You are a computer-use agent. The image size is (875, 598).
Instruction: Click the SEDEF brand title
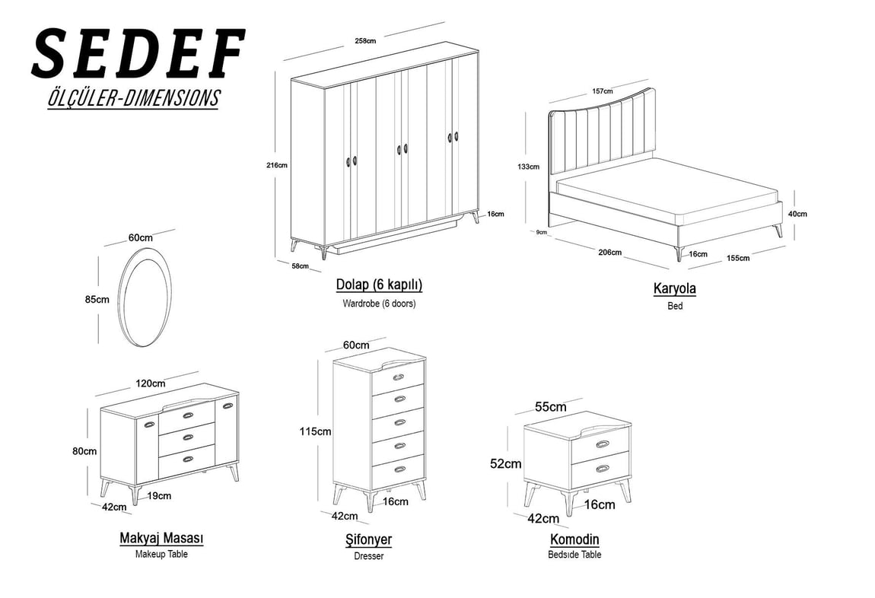pos(138,53)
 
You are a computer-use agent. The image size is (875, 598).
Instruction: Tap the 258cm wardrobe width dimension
pos(365,41)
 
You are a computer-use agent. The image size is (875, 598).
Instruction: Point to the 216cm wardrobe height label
pos(277,165)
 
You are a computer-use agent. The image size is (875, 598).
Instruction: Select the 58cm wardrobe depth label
pos(301,266)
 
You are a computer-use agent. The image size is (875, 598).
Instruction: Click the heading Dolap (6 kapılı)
pos(379,285)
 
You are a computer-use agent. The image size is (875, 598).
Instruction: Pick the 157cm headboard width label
pos(602,91)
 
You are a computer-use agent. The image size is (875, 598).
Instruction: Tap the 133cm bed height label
pos(529,166)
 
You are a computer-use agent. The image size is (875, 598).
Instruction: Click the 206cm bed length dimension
pos(610,252)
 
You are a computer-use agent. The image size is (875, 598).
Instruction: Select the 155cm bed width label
pos(738,258)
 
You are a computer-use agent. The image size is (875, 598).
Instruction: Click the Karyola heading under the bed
pos(675,288)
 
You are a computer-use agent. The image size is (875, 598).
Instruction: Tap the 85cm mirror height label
pos(97,300)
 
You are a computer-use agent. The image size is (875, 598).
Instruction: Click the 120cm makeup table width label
pos(151,383)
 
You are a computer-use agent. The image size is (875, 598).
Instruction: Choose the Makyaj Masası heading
pos(161,539)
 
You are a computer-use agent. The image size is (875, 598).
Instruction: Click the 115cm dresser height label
pos(315,431)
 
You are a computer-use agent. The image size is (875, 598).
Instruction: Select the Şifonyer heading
pos(368,539)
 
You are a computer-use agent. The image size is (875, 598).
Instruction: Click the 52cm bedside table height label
pos(505,463)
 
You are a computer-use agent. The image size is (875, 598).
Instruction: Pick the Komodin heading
pos(574,539)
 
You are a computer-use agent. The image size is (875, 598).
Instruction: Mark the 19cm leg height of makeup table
pos(159,495)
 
